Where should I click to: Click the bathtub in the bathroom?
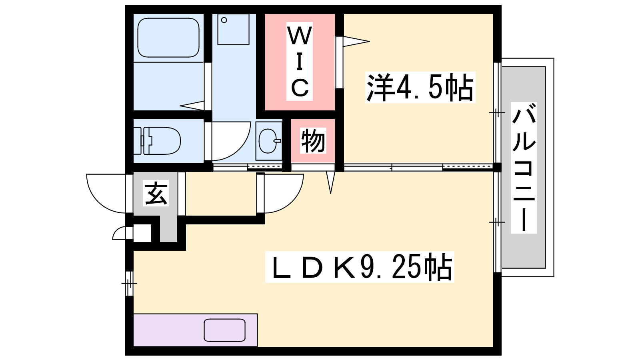pyautogui.click(x=168, y=38)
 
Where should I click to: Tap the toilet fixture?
pyautogui.click(x=158, y=141)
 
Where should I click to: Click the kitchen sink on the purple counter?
pyautogui.click(x=224, y=330)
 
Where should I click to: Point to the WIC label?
pyautogui.click(x=300, y=62)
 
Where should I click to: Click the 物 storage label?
pyautogui.click(x=313, y=140)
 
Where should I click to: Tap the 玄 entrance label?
pyautogui.click(x=156, y=193)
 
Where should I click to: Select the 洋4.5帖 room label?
pyautogui.click(x=420, y=88)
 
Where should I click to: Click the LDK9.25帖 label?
pyautogui.click(x=360, y=267)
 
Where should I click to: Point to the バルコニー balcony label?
pyautogui.click(x=524, y=168)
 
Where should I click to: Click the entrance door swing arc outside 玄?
pyautogui.click(x=106, y=194)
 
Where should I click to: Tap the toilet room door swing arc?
pyautogui.click(x=231, y=141)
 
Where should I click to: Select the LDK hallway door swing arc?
pyautogui.click(x=284, y=194)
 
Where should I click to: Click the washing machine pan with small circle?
pyautogui.click(x=234, y=30)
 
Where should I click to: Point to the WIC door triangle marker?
pyautogui.click(x=356, y=42)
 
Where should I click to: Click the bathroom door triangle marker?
pyautogui.click(x=192, y=106)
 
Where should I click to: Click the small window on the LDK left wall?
pyautogui.click(x=129, y=284)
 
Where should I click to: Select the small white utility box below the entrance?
pyautogui.click(x=142, y=233)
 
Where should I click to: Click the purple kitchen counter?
pyautogui.click(x=196, y=330)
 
